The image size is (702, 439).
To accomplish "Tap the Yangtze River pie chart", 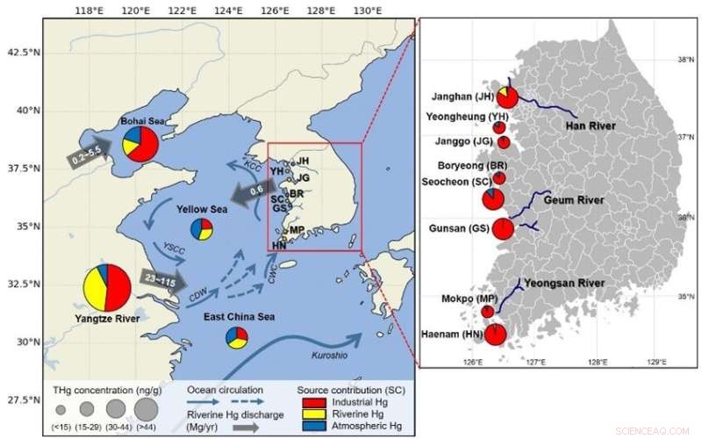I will [x=107, y=287].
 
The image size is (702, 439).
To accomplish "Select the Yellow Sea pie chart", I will [x=201, y=229].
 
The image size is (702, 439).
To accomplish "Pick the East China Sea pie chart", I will [x=236, y=338].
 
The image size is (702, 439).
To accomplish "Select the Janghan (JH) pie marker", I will [x=507, y=97].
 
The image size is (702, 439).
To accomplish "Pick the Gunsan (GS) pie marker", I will [x=503, y=229].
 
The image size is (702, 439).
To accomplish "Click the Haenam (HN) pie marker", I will [x=495, y=335].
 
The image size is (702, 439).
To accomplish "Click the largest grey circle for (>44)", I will [x=147, y=408].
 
